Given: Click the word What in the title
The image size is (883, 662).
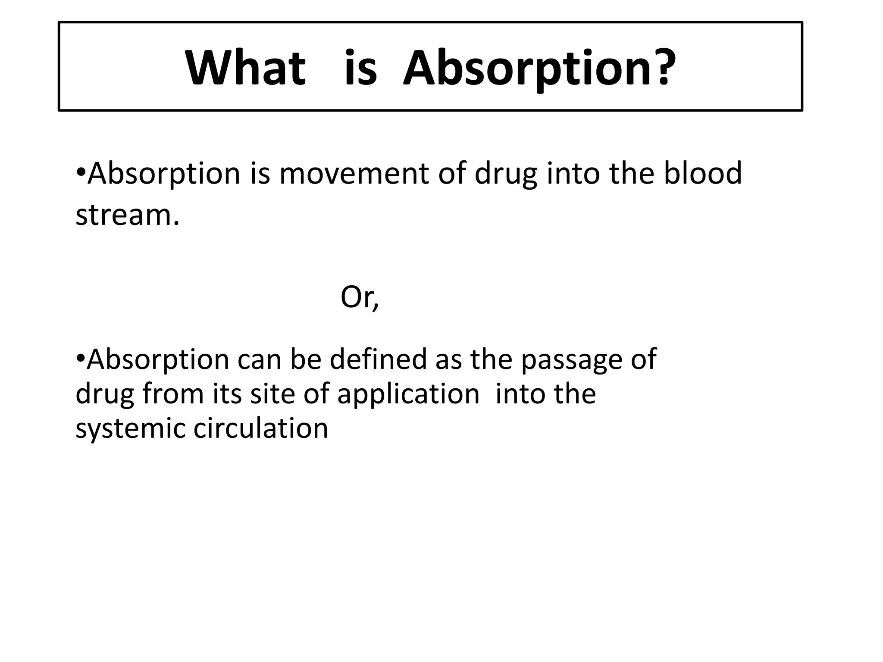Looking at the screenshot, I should click(245, 68).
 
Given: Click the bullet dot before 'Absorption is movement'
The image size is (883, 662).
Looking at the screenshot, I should click(80, 173).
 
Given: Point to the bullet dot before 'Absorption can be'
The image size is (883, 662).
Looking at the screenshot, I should click(80, 359).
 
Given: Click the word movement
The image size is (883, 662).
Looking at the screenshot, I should click(354, 174).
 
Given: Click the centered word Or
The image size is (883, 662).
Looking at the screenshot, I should click(356, 297).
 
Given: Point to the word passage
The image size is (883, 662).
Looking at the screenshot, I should click(567, 360).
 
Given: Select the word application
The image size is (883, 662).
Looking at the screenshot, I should click(408, 395).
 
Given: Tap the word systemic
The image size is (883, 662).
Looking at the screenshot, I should click(129, 429).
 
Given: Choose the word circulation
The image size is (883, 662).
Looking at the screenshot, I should click(260, 428).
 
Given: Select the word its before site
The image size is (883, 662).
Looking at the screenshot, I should click(227, 394).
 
